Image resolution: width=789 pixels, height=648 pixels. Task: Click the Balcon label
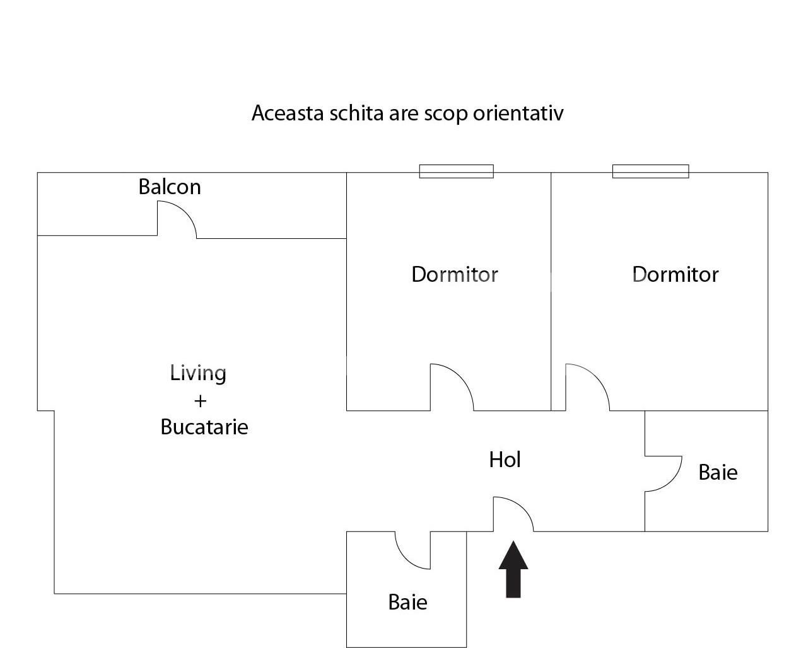(x=170, y=187)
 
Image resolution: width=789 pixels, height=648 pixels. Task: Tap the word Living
(x=198, y=373)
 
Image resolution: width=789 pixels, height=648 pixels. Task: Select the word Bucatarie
(x=204, y=427)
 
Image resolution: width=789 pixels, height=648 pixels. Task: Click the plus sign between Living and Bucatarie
(x=200, y=401)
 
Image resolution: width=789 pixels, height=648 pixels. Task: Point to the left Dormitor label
(x=455, y=274)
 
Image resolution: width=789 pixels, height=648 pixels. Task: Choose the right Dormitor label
(x=675, y=274)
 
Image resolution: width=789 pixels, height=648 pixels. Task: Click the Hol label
(x=505, y=460)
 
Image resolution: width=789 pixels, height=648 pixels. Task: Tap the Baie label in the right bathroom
(x=718, y=472)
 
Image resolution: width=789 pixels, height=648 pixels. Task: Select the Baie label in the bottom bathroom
(x=407, y=602)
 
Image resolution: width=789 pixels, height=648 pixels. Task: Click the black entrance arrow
(x=513, y=570)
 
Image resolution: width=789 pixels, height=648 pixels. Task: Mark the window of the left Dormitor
(x=457, y=171)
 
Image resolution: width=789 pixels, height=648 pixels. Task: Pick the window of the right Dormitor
(x=650, y=171)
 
